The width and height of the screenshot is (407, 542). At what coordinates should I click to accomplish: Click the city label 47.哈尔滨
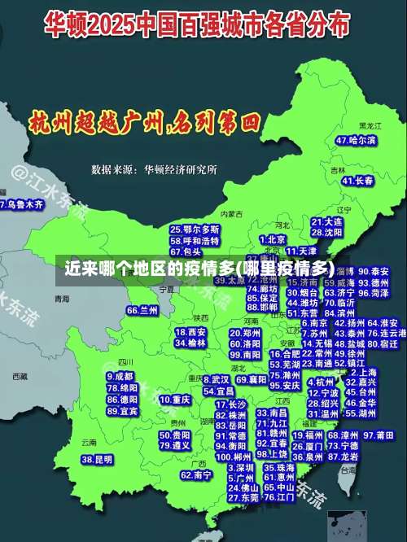point(356,140)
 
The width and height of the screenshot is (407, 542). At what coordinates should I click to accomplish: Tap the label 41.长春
point(357,180)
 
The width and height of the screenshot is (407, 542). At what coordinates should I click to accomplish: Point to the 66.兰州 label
point(142,310)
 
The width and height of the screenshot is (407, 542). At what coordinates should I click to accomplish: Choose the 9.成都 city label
point(120,377)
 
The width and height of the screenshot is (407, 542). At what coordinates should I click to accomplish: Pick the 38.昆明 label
point(97,460)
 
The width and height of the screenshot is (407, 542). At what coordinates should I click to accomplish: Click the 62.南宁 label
point(196,474)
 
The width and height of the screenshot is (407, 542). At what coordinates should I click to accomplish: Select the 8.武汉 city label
point(215,379)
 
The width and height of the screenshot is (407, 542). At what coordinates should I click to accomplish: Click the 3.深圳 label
point(240,468)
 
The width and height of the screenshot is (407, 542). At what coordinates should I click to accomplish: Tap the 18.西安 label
point(190,332)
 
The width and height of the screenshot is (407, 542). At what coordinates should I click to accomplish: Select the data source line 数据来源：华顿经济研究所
point(154,169)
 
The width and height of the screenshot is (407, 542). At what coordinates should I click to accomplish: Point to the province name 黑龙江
point(370,126)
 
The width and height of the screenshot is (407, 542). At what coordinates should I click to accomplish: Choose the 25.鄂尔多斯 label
point(195,230)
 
